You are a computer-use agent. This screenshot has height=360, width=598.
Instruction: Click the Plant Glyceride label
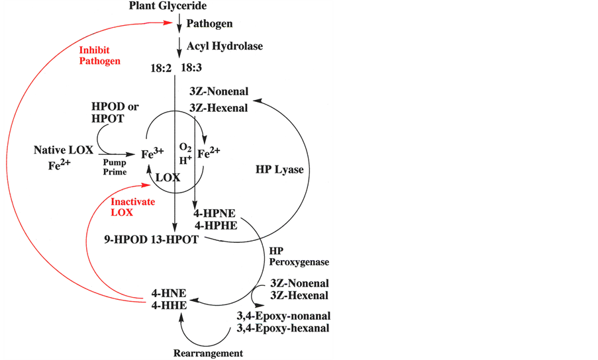pyautogui.click(x=168, y=6)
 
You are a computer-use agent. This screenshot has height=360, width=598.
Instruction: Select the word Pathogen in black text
pyautogui.click(x=209, y=24)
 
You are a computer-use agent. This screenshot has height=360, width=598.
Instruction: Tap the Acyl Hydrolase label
pyautogui.click(x=224, y=46)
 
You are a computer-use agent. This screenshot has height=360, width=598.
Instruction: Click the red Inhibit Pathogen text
pyautogui.click(x=99, y=56)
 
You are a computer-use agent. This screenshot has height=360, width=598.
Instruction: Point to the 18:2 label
pyautogui.click(x=160, y=68)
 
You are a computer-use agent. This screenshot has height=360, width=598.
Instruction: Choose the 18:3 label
pyautogui.click(x=191, y=67)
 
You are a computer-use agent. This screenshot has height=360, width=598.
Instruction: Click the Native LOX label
pyautogui.click(x=64, y=150)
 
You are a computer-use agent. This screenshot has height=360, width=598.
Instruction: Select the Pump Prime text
pyautogui.click(x=115, y=167)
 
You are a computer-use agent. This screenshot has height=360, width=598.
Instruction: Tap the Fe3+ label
pyautogui.click(x=152, y=153)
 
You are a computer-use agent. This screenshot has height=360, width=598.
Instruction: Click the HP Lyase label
pyautogui.click(x=279, y=170)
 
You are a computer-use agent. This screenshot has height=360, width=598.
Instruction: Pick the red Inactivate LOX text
pyautogui.click(x=132, y=207)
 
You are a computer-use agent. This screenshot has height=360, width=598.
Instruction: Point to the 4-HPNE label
pyautogui.click(x=215, y=213)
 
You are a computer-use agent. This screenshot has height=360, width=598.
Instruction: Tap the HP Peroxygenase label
pyautogui.click(x=299, y=257)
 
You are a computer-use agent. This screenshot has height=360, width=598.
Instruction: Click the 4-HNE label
pyautogui.click(x=169, y=293)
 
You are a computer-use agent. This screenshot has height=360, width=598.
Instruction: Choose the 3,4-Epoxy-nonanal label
pyautogui.click(x=283, y=316)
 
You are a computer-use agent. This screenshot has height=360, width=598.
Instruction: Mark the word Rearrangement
pyautogui.click(x=208, y=353)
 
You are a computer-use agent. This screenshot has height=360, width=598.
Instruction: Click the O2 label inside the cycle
pyautogui.click(x=185, y=148)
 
